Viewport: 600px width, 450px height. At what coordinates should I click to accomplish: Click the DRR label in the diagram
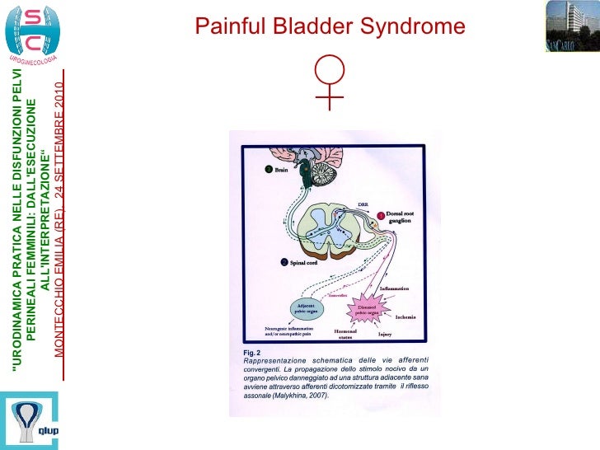tap(363, 204)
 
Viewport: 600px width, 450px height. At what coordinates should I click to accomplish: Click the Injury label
tap(384, 335)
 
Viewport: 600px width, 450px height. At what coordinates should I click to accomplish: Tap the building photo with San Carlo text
tap(572, 27)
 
